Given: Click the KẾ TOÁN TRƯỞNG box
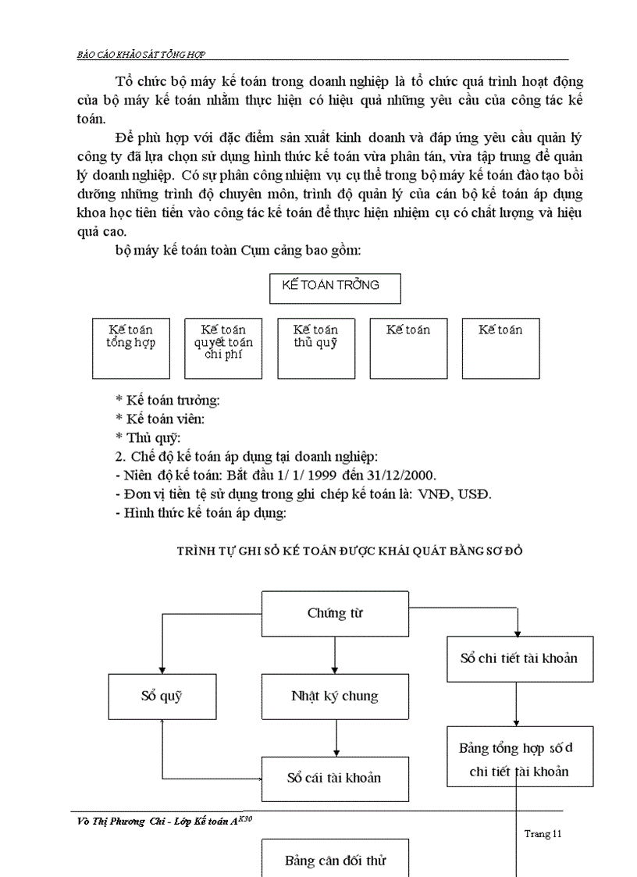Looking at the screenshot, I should click(x=334, y=288).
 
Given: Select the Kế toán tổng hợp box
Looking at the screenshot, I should click(x=130, y=348).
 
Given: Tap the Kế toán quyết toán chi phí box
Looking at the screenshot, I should click(x=223, y=348).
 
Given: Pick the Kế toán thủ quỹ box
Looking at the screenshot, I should click(x=315, y=348).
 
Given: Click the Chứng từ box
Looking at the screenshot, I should click(x=335, y=613).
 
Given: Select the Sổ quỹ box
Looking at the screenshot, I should click(x=162, y=697).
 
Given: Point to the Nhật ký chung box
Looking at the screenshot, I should click(x=335, y=697).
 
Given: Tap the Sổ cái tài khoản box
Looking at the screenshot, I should click(x=335, y=779).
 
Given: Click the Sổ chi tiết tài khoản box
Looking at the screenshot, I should click(x=519, y=658).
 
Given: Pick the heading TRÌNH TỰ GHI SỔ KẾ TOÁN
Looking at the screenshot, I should click(x=350, y=551).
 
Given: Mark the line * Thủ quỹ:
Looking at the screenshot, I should click(x=148, y=438).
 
